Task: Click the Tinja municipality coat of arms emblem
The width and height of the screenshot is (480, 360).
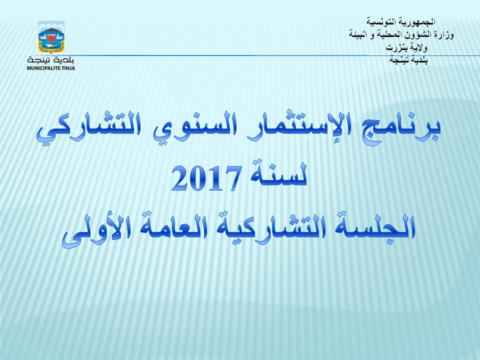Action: pyautogui.click(x=51, y=36)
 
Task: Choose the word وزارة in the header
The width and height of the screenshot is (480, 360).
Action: pyautogui.click(x=444, y=35)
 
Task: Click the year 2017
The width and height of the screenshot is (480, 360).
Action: pyautogui.click(x=205, y=178)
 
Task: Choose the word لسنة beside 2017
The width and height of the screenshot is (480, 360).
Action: pyautogui.click(x=277, y=174)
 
